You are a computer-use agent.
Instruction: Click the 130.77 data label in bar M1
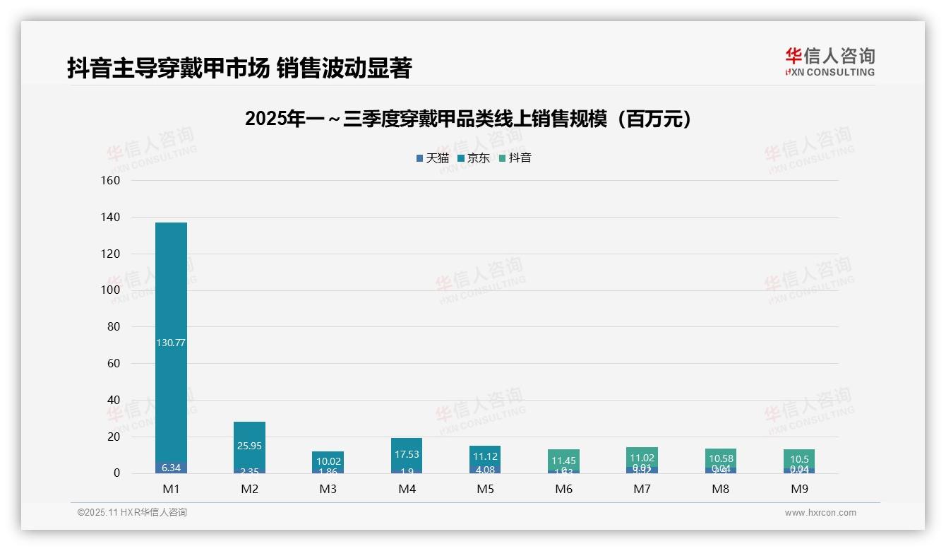[171, 343]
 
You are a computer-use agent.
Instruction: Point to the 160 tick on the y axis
[112, 181]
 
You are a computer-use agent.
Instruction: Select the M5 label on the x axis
[486, 489]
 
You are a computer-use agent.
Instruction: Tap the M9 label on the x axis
[799, 489]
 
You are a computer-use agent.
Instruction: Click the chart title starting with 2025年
[468, 119]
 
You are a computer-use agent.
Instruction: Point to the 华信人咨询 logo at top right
[830, 61]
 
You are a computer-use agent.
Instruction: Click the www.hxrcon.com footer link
[820, 513]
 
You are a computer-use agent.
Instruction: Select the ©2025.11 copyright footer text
[132, 513]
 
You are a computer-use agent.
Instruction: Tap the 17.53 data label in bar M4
[407, 455]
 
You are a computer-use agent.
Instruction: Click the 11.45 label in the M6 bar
[564, 461]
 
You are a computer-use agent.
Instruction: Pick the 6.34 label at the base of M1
[171, 468]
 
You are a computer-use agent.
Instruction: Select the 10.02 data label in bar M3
[328, 461]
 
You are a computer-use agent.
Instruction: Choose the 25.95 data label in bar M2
[250, 446]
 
